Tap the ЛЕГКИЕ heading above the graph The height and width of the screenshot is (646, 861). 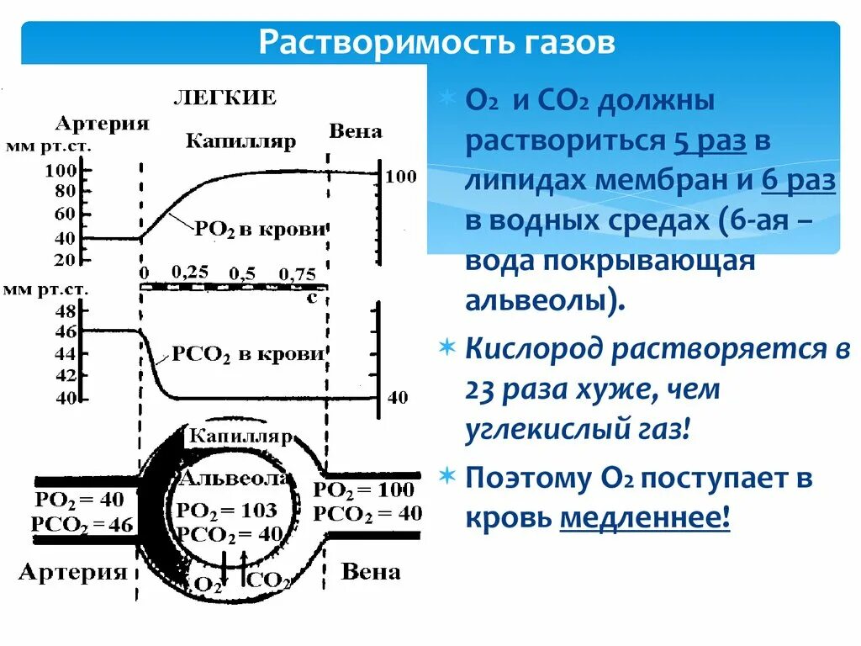point(224,97)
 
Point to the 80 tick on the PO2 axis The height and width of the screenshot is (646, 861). point(65,192)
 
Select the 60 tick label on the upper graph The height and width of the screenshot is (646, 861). point(65,214)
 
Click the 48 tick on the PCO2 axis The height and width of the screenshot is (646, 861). point(65,310)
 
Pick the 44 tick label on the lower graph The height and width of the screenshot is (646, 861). point(65,353)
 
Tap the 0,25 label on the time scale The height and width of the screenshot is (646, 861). point(191,273)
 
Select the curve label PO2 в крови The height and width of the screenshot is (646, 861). point(259,229)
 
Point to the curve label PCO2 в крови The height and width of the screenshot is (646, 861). point(248,355)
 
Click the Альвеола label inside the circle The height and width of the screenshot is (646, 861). point(235,479)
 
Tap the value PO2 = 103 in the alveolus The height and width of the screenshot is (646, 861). point(226,510)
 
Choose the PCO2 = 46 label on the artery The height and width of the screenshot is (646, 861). point(82,526)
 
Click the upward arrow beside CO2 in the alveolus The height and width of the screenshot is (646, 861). point(242,566)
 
